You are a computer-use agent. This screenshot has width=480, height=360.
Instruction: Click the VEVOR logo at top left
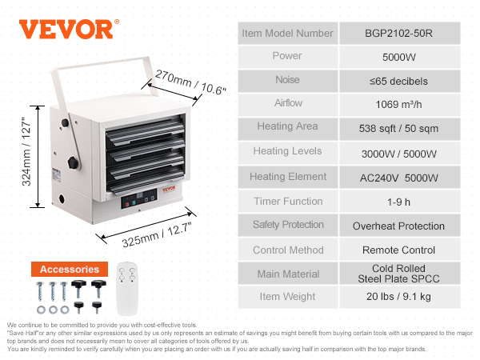click(x=69, y=30)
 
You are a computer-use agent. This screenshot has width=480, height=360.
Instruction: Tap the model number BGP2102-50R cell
click(x=399, y=33)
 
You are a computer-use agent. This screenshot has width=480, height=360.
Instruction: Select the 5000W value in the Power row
click(x=399, y=57)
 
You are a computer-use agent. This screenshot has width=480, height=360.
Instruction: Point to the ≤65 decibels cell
click(x=399, y=81)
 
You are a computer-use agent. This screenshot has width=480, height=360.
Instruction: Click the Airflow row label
click(x=288, y=103)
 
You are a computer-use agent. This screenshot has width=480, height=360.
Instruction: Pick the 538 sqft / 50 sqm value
click(x=398, y=129)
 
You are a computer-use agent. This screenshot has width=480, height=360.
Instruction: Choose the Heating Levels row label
click(x=287, y=151)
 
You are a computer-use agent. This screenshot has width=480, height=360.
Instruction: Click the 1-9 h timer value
click(x=398, y=202)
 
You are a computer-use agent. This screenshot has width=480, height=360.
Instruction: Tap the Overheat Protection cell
click(x=399, y=226)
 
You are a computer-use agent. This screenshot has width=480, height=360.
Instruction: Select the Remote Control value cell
click(x=399, y=250)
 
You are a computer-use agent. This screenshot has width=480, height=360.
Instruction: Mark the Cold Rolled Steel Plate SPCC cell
click(x=399, y=274)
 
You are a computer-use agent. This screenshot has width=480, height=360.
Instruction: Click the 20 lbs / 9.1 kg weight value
click(x=398, y=296)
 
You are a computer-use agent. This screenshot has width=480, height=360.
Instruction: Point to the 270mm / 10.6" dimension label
click(x=190, y=82)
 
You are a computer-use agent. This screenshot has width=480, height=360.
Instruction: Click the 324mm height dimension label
click(x=26, y=152)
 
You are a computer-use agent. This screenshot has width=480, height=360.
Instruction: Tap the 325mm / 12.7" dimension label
click(x=157, y=234)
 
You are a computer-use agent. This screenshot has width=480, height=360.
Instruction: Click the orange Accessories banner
click(x=70, y=269)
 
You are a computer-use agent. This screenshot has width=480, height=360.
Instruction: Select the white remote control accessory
click(x=127, y=289)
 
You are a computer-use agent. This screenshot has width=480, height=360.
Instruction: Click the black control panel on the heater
click(x=139, y=198)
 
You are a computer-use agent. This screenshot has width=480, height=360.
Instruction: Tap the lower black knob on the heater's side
click(x=73, y=162)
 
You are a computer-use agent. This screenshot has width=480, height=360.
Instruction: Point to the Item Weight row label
click(x=287, y=296)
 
